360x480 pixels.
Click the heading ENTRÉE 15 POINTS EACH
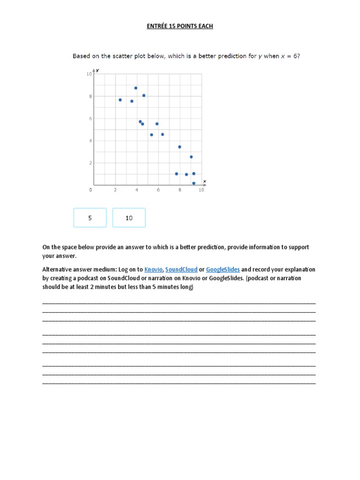tap(180, 26)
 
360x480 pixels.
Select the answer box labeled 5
tap(90, 218)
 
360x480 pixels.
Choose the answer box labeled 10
tap(129, 218)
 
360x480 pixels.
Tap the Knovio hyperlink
tap(153, 270)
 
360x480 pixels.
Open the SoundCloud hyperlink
tap(181, 270)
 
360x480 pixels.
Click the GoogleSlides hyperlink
tap(223, 270)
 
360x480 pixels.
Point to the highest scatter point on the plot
tap(136, 88)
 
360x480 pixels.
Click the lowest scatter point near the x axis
tap(194, 183)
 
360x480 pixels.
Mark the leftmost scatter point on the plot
tap(120, 100)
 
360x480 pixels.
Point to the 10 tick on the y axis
tap(89, 75)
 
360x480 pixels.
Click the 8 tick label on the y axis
tap(90, 97)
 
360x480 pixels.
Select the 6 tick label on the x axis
tap(158, 190)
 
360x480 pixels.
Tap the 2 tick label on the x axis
tap(115, 190)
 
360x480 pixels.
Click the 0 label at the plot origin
tap(90, 190)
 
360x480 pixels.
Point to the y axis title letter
tap(103, 70)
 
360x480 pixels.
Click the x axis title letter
tap(204, 181)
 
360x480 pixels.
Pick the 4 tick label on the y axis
tap(90, 141)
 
